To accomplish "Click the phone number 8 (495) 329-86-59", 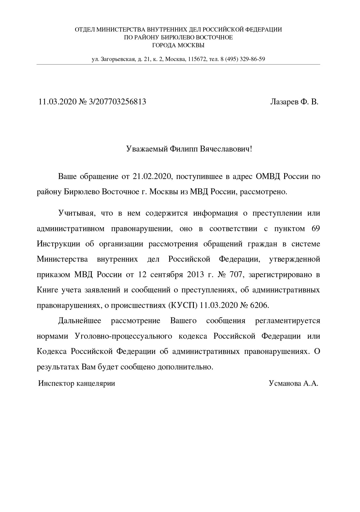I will [x=242, y=59].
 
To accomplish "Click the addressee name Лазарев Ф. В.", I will [x=294, y=102].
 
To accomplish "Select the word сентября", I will [x=167, y=275].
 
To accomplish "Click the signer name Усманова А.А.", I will [x=293, y=383].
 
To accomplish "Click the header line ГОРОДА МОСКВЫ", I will [x=178, y=45].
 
